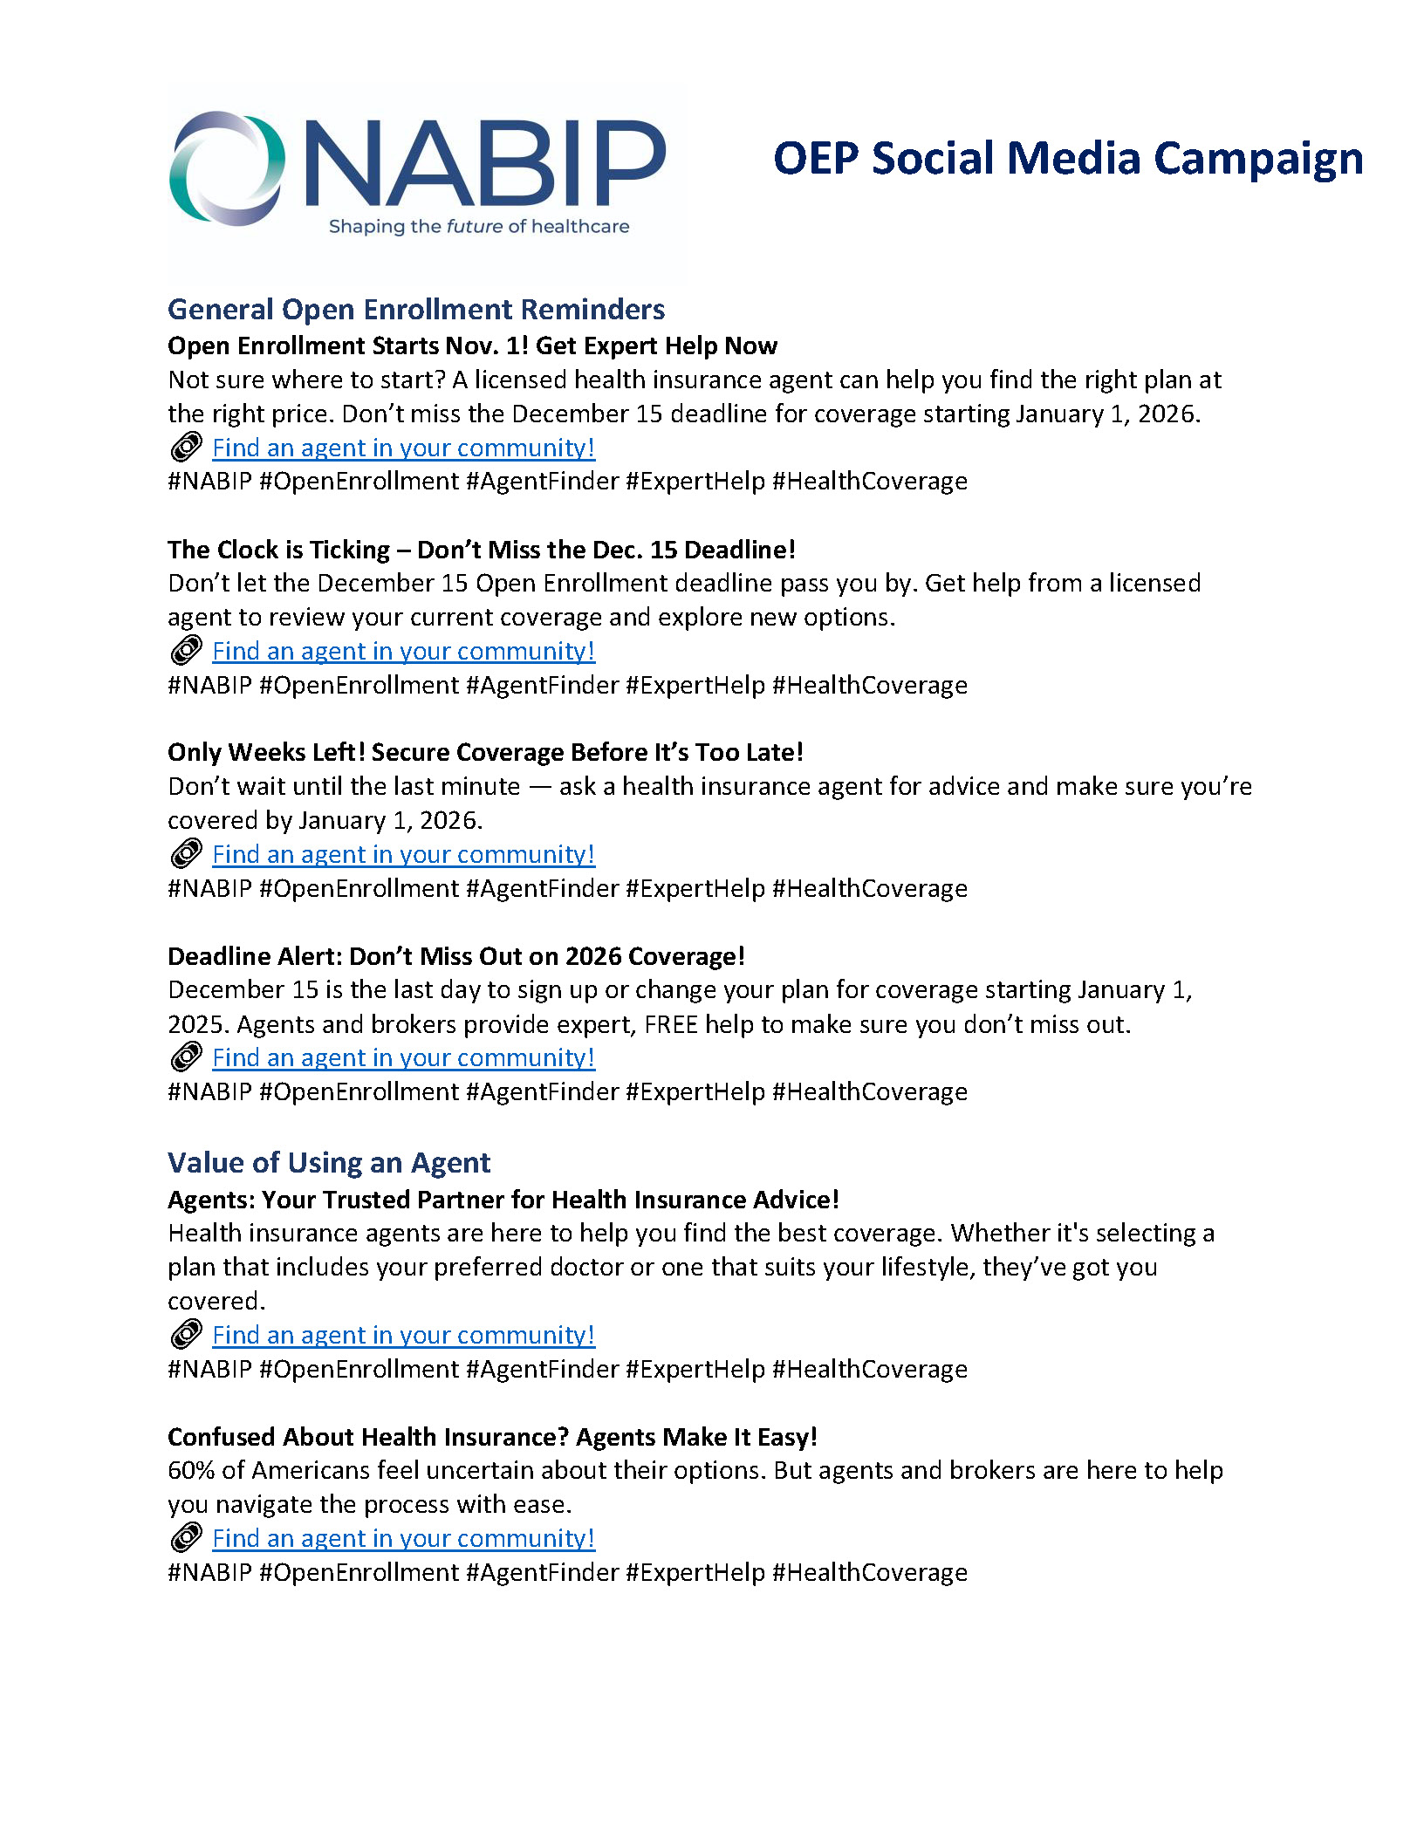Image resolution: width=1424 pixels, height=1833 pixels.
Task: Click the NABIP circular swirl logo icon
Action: (x=227, y=168)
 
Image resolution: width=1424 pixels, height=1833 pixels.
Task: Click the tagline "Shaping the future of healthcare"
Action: (x=478, y=227)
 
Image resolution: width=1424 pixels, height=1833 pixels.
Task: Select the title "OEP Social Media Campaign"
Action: (x=1067, y=159)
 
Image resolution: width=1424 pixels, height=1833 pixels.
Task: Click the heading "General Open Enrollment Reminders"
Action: (x=416, y=310)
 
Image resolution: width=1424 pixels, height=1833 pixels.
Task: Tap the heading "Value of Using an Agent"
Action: (x=329, y=1163)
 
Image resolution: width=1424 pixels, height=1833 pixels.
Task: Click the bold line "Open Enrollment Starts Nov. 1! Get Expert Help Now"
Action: (x=472, y=346)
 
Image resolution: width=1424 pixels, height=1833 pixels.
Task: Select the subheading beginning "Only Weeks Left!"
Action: (x=485, y=753)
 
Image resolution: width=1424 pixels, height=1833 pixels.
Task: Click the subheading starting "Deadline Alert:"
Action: (x=456, y=956)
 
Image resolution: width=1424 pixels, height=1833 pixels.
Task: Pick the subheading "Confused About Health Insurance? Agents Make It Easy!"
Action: (x=492, y=1437)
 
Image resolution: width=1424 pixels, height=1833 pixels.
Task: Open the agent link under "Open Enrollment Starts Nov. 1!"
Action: (x=403, y=448)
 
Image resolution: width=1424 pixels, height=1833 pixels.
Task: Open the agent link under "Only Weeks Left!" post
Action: (x=403, y=855)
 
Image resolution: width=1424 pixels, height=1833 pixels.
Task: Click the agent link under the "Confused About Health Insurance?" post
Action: (x=403, y=1539)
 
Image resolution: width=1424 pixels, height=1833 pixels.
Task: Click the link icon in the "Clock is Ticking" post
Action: (x=186, y=651)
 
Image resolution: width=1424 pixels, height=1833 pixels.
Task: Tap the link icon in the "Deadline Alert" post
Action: (x=186, y=1057)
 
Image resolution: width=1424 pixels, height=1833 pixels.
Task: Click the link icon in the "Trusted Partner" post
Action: (x=186, y=1335)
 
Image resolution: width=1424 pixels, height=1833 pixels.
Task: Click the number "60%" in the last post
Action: (x=191, y=1471)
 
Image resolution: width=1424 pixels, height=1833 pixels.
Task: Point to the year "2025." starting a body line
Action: (x=199, y=1024)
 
